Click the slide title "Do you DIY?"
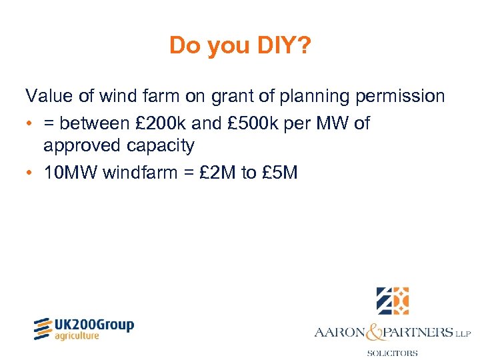(239, 45)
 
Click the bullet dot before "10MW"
(29, 173)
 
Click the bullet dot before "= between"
(29, 124)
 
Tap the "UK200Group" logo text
(93, 325)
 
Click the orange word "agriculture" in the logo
(77, 336)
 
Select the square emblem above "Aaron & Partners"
(392, 301)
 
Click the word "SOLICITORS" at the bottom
(393, 353)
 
